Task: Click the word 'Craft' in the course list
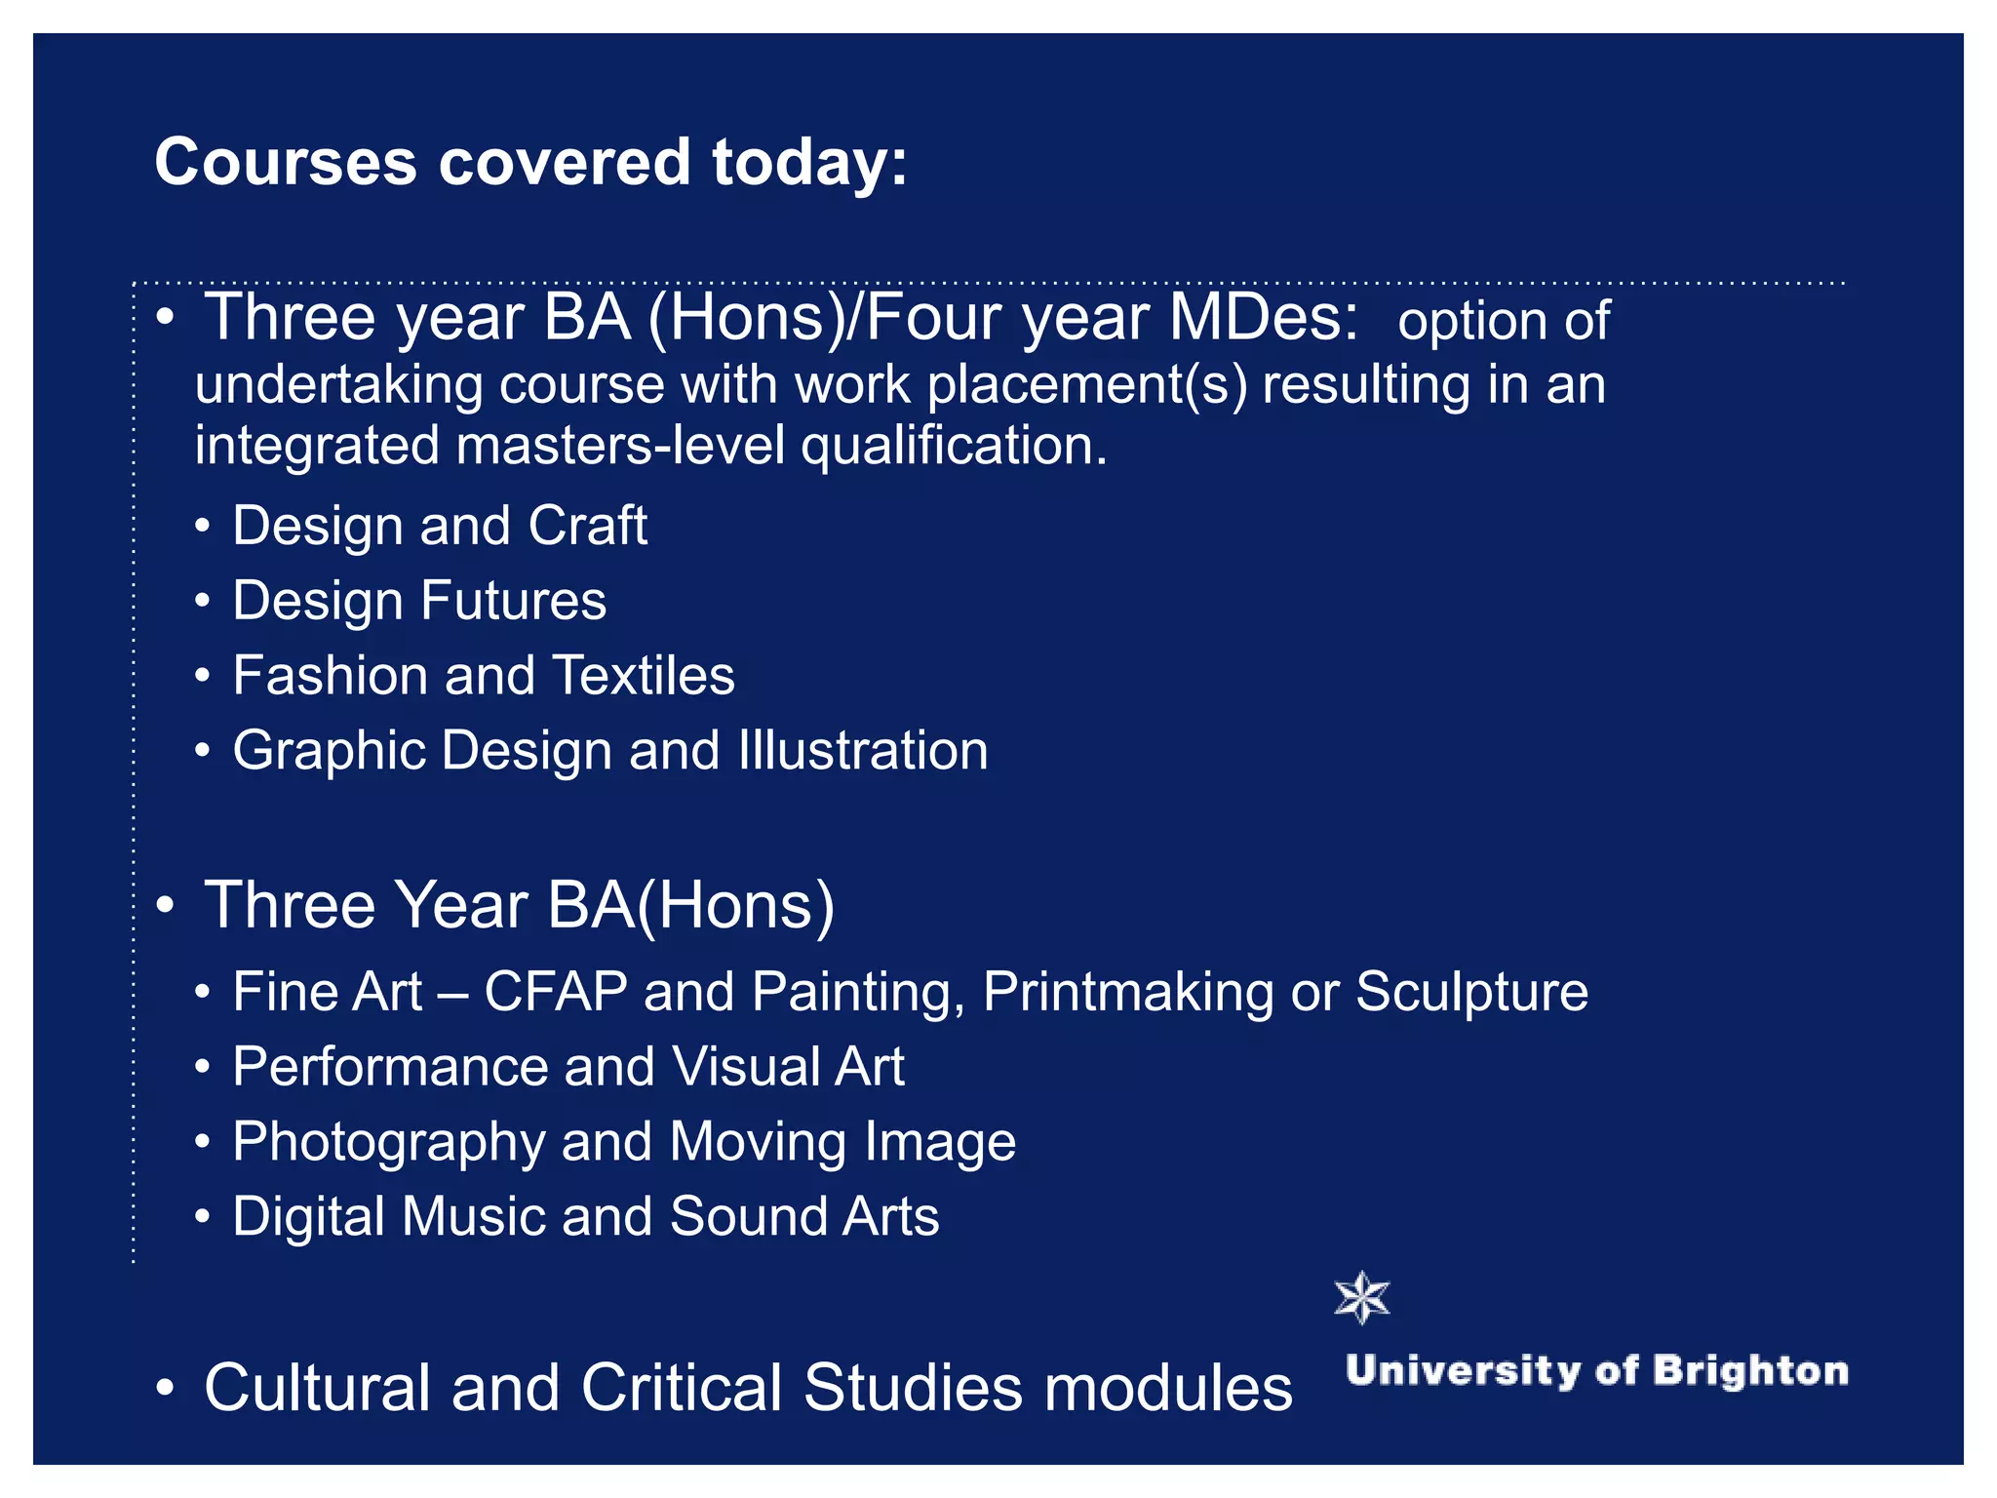point(587,526)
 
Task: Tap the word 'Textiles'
point(644,675)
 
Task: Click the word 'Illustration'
point(863,750)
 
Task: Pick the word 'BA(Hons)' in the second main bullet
point(690,905)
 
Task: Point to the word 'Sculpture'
point(1471,992)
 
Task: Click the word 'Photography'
point(388,1142)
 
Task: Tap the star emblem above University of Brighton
point(1361,1298)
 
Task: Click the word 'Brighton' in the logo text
point(1750,1370)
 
